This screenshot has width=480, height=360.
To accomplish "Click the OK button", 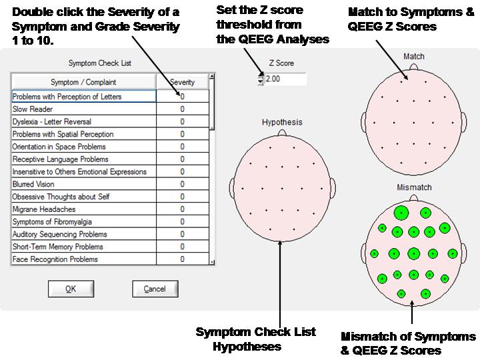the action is coord(71,289).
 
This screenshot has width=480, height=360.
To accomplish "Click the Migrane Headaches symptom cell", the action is coord(83,209).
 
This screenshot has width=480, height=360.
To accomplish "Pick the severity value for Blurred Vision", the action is coord(183,184).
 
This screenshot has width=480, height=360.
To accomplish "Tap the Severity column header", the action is coord(183,82).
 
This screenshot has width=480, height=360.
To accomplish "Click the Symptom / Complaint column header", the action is coord(83,82).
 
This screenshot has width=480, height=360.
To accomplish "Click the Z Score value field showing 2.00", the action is coord(285,79).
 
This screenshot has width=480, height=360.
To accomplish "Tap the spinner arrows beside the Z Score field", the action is coord(261,79).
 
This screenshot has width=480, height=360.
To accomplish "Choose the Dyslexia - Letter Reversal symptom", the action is coord(83,121).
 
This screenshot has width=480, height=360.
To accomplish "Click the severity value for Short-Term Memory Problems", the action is coord(183,247).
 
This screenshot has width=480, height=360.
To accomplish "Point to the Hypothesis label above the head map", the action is coord(282,122).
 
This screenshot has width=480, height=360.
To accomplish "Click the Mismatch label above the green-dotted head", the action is coord(414,187).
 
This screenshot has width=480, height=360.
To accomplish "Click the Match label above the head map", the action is coord(414,56).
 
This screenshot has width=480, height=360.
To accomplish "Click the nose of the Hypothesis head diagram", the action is coord(282,133).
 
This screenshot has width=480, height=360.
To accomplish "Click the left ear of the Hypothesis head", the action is coord(233,188).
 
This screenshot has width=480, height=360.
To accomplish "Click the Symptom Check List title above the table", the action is coord(100,63).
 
